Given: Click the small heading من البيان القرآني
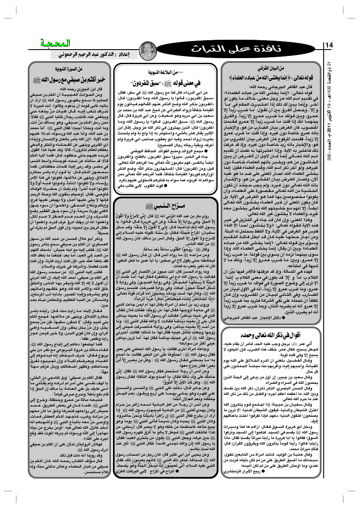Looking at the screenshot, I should pyautogui.click(x=274, y=68).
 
